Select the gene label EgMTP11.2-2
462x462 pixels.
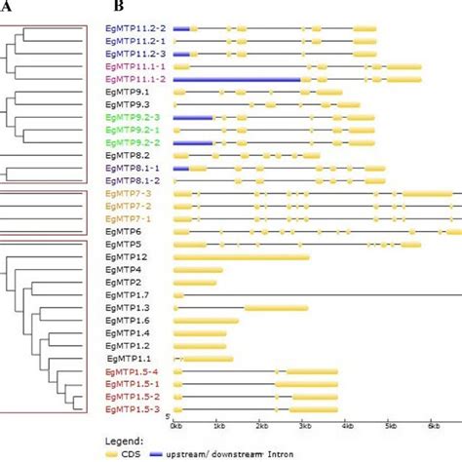135,29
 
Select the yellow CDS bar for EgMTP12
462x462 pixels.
242,256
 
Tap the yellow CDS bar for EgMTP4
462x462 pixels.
198,269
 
